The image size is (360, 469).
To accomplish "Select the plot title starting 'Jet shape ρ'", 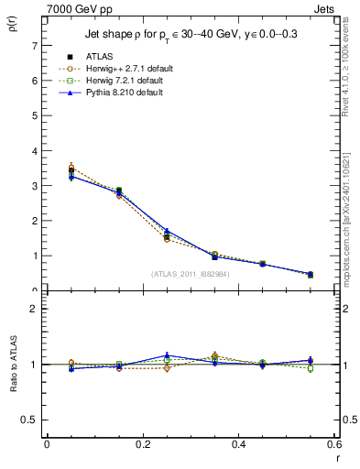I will [x=191, y=35].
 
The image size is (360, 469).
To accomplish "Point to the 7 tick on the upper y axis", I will [x=34, y=46].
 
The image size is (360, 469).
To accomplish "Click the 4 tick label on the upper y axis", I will [x=34, y=151].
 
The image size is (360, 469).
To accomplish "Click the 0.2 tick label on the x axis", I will [x=142, y=444].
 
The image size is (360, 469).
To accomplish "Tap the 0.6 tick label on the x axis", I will [x=334, y=444].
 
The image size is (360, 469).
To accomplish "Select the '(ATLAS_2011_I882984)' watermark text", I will [x=191, y=273].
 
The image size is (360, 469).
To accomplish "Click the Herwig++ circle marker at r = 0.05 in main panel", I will [x=71, y=169].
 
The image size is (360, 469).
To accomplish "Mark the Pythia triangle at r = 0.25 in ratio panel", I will [x=167, y=355].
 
